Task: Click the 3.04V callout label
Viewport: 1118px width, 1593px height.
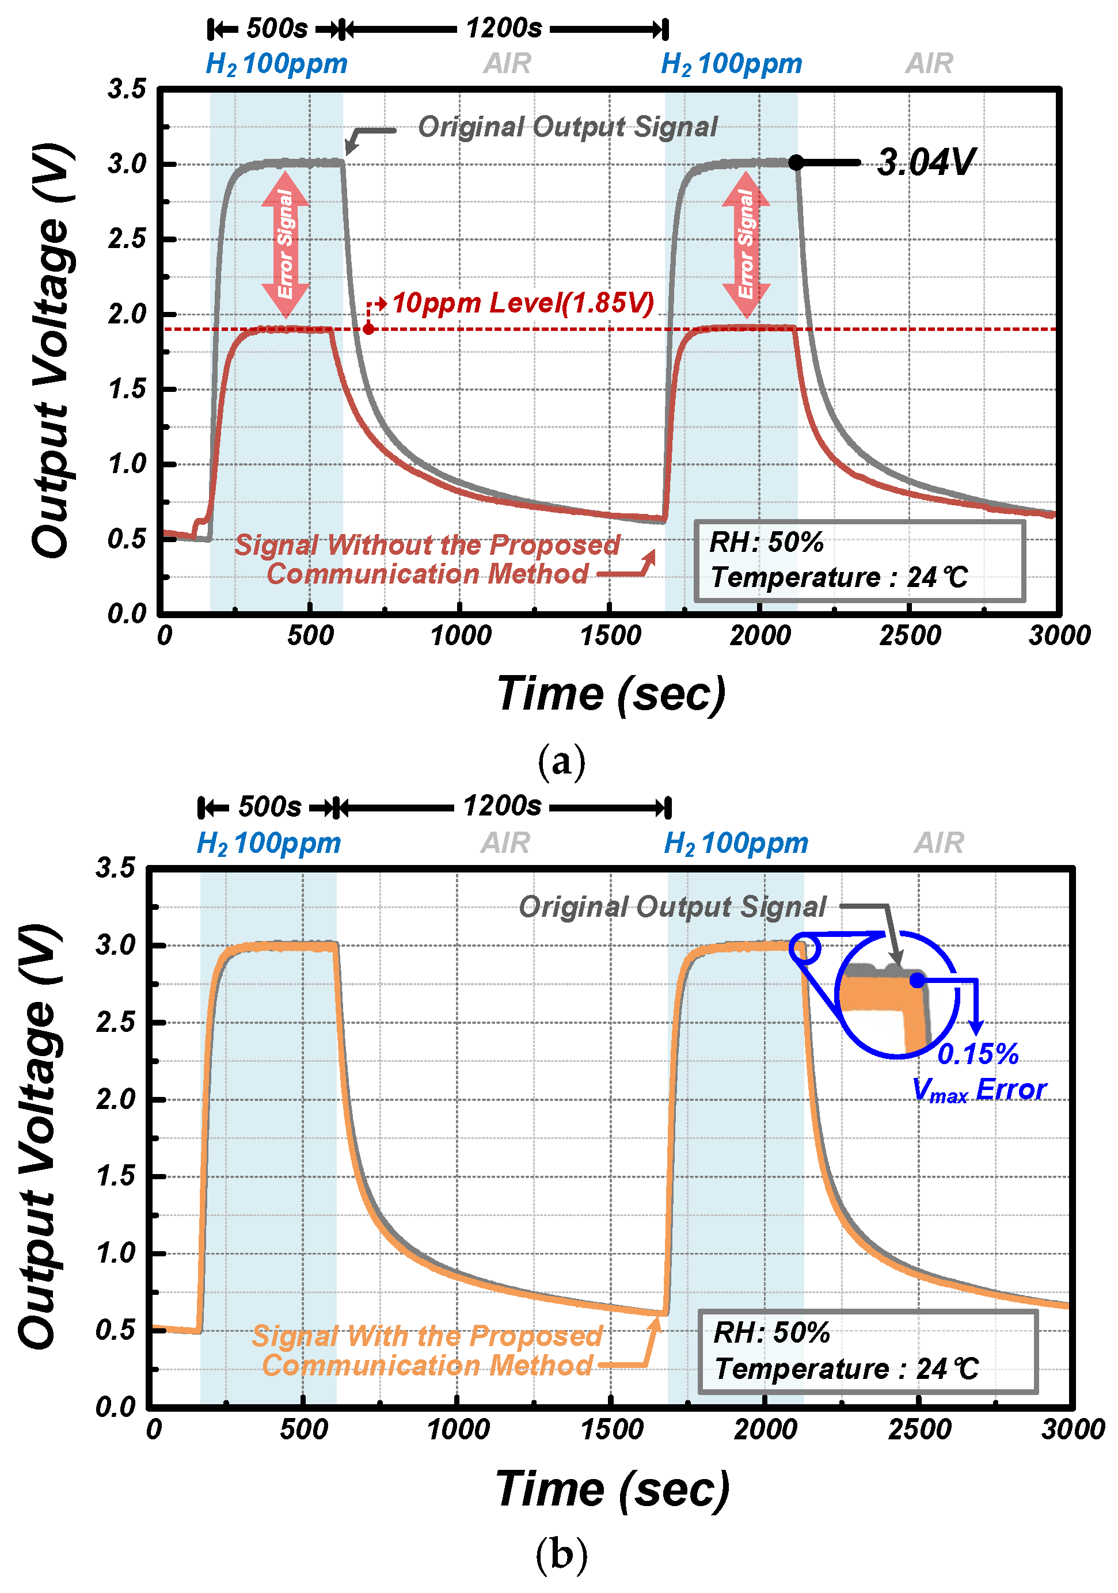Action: (926, 162)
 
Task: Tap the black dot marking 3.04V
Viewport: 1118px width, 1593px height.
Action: (796, 163)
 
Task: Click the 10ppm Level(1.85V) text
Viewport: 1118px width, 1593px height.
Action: (523, 303)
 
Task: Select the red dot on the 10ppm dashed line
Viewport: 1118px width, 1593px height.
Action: (368, 329)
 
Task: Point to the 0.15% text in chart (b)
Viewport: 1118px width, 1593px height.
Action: (977, 1054)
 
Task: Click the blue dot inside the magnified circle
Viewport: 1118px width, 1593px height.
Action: (918, 980)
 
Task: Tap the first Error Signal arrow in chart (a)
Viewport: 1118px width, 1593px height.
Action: (285, 244)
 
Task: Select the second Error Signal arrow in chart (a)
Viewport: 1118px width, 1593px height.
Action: (746, 244)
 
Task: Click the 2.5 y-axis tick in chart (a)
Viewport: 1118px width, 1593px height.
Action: (127, 239)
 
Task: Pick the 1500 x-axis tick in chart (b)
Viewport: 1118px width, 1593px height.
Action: (611, 1429)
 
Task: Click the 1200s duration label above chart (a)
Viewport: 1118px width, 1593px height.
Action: (504, 28)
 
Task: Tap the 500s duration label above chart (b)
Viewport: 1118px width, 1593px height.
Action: (270, 807)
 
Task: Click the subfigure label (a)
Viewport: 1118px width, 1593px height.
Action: (561, 761)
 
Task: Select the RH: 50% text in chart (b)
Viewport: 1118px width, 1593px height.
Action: (771, 1333)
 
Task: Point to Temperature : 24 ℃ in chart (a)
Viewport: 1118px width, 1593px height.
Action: (838, 577)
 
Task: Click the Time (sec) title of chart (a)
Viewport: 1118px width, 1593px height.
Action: (611, 695)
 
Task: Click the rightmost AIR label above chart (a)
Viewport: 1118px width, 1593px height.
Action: (929, 64)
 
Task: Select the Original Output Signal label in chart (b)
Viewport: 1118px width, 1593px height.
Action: (672, 907)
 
